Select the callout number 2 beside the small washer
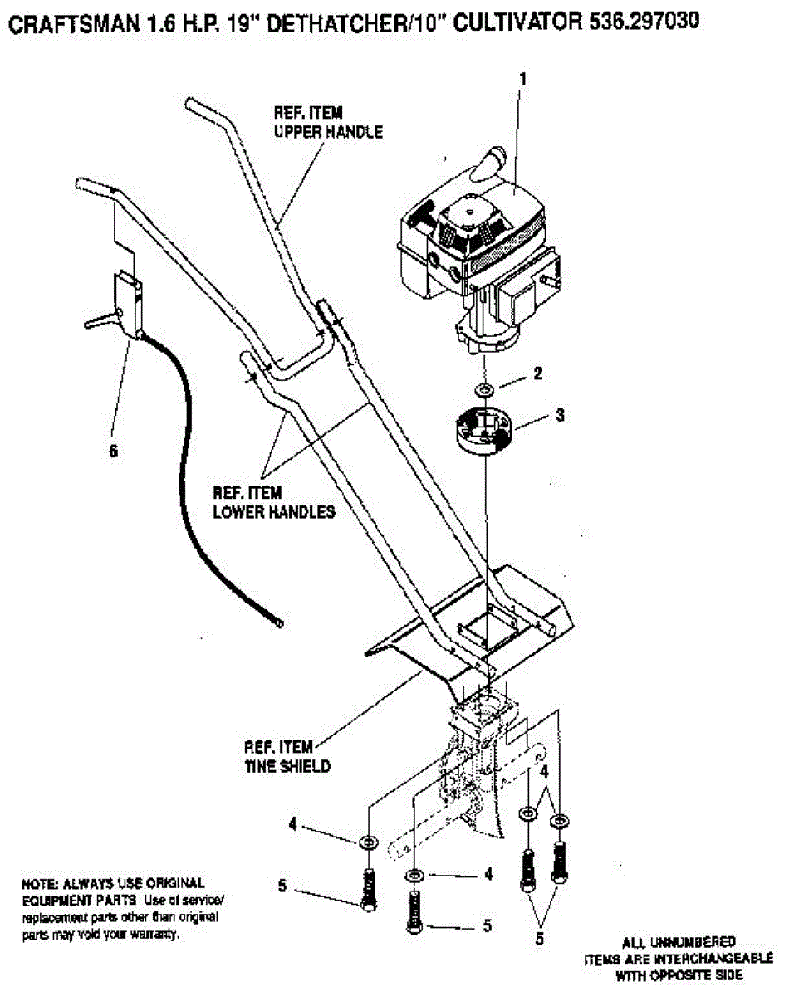tap(538, 374)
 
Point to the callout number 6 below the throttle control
tap(114, 450)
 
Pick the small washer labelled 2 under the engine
tap(483, 389)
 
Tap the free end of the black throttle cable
tap(280, 621)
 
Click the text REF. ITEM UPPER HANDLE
tap(328, 121)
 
